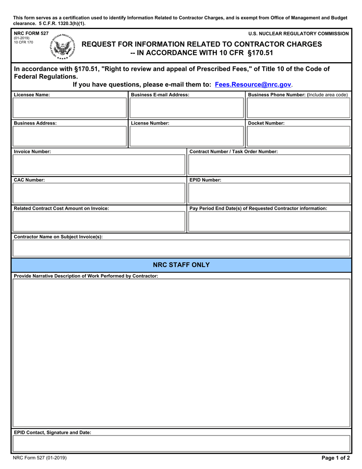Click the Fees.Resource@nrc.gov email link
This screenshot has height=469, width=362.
(253, 85)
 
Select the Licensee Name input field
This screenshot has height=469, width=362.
(70, 108)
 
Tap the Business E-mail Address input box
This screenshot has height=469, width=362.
(187, 108)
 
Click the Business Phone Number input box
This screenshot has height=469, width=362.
(298, 108)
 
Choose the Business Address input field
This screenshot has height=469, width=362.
(70, 137)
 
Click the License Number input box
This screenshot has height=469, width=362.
(187, 137)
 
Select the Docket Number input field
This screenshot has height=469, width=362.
(298, 137)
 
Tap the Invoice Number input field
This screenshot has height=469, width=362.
(99, 165)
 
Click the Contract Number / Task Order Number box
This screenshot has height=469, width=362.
(269, 165)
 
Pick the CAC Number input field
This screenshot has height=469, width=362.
(99, 193)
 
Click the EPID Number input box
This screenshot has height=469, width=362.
(269, 193)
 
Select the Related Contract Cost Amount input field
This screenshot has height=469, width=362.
(99, 222)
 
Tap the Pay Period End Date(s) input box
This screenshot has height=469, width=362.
(269, 222)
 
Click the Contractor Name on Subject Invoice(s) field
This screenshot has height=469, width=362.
(181, 248)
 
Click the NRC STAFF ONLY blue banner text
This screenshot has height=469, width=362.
(181, 265)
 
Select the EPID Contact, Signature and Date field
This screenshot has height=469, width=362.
(181, 443)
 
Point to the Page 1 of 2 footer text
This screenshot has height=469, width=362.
(335, 459)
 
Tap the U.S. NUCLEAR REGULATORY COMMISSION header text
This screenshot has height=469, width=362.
(298, 34)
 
